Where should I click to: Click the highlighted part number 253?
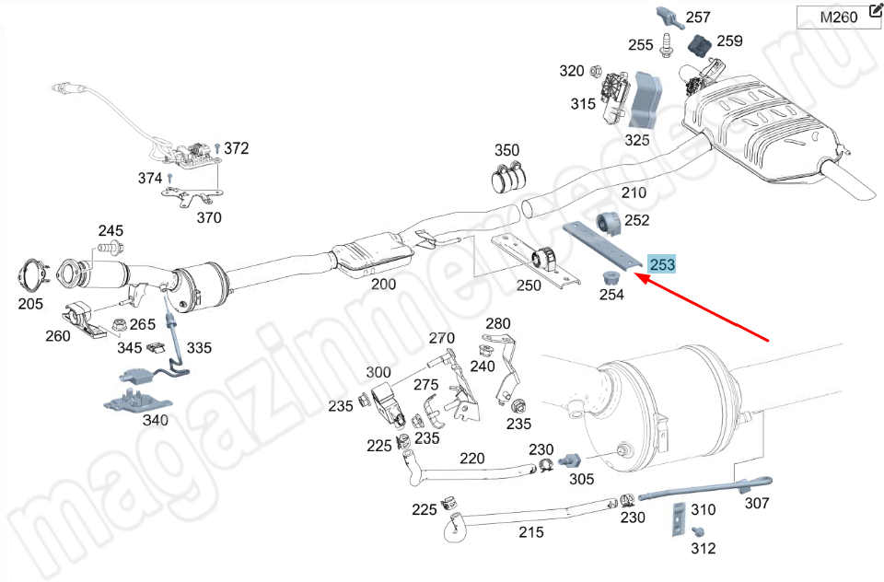pyautogui.click(x=662, y=264)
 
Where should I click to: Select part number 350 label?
pyautogui.click(x=506, y=150)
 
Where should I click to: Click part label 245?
pyautogui.click(x=110, y=230)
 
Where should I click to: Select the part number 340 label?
pyautogui.click(x=155, y=420)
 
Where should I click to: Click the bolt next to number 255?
pyautogui.click(x=668, y=43)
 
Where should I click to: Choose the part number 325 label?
pyautogui.click(x=637, y=140)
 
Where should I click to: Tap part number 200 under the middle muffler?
pyautogui.click(x=383, y=284)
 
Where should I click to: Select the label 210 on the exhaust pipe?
pyautogui.click(x=634, y=193)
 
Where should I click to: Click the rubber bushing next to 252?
pyautogui.click(x=610, y=222)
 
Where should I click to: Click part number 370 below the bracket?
pyautogui.click(x=209, y=217)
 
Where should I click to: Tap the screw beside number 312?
pyautogui.click(x=698, y=531)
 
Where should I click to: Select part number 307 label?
pyautogui.click(x=756, y=503)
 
